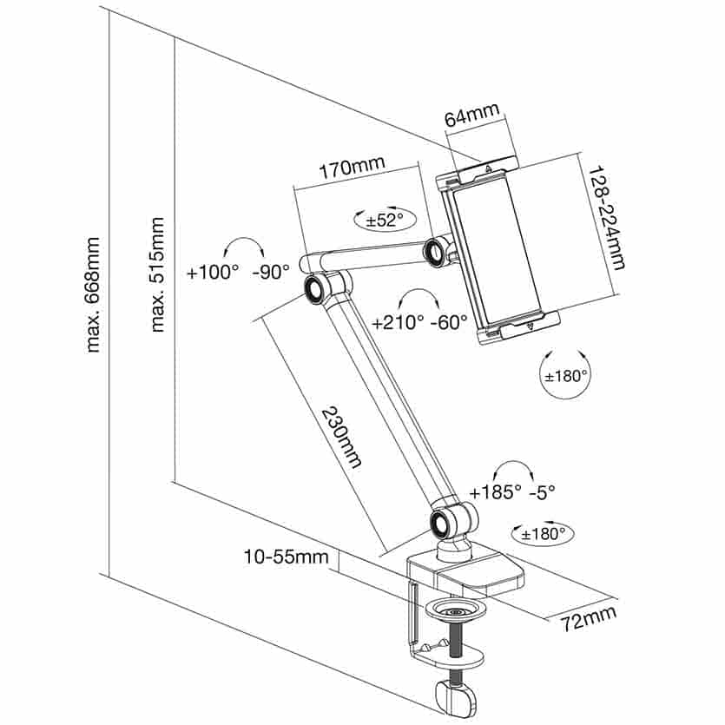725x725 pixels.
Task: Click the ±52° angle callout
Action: click(x=380, y=220)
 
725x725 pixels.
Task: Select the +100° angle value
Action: click(x=212, y=272)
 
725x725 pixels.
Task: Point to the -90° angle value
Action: click(x=270, y=272)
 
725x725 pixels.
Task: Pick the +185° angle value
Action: click(x=495, y=492)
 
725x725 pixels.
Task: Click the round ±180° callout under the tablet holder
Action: click(x=565, y=376)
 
